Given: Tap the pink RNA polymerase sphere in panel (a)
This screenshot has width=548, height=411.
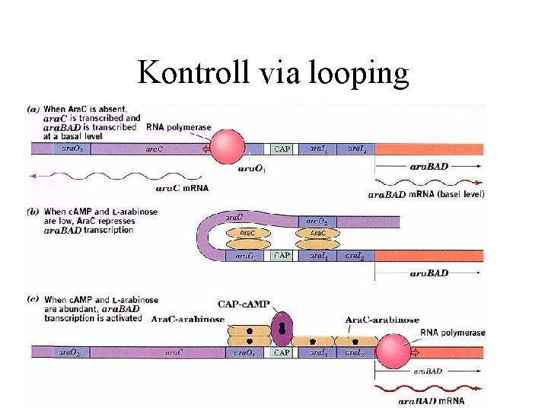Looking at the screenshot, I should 227,147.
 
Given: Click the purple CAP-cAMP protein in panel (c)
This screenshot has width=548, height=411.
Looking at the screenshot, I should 282,327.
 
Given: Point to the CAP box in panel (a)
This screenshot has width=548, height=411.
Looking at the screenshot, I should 282,149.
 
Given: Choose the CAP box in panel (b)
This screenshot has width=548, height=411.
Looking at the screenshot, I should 282,256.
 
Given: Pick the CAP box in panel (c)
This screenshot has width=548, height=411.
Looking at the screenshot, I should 282,352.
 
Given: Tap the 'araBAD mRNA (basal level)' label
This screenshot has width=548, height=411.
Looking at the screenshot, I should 426,194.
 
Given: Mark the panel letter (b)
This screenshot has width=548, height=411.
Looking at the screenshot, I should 33,211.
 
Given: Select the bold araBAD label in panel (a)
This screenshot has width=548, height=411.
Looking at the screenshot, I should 429,166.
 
